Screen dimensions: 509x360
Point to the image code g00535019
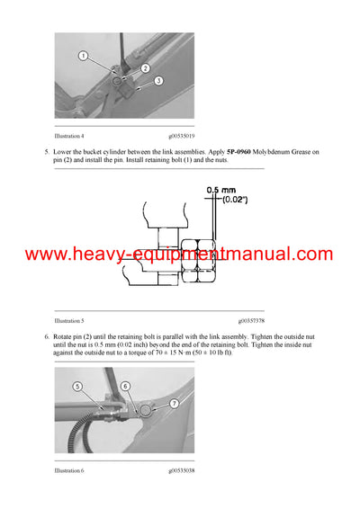click(183, 136)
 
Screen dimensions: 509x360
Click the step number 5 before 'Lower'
click(46, 152)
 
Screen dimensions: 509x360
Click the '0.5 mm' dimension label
click(220, 191)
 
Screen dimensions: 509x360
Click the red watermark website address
click(180, 254)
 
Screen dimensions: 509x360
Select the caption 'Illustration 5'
click(69, 320)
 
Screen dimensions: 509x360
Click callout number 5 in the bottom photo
click(78, 386)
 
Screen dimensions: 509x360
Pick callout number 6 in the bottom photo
click(126, 386)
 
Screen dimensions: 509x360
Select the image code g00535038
click(183, 470)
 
